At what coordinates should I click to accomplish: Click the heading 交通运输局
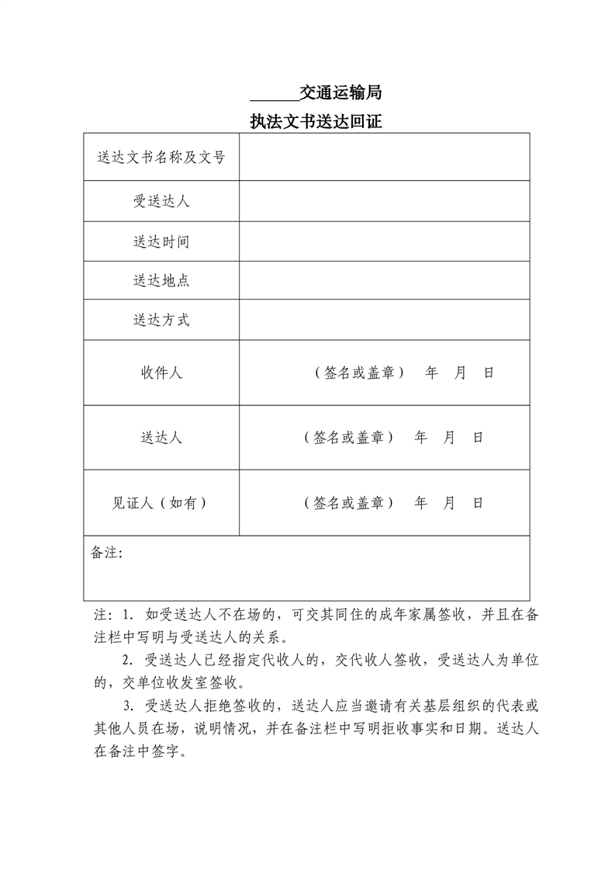click(341, 94)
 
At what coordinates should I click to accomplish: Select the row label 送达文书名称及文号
click(161, 158)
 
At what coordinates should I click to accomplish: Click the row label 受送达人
click(161, 202)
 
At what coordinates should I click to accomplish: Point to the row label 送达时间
click(161, 242)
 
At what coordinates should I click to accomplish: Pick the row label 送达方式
click(161, 320)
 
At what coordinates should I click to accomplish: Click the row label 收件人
click(161, 373)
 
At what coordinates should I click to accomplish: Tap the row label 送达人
click(161, 438)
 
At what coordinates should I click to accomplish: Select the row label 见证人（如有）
click(161, 503)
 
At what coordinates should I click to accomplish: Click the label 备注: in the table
click(107, 553)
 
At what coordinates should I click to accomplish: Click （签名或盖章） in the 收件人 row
click(360, 373)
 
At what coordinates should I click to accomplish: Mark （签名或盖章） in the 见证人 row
click(349, 503)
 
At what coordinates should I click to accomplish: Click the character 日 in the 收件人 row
click(489, 373)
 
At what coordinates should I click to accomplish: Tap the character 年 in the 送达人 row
click(421, 438)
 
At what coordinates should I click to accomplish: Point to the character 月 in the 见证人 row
click(449, 503)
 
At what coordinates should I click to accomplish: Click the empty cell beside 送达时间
click(384, 242)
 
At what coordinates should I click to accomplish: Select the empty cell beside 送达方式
click(384, 320)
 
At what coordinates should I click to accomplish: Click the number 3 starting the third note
click(129, 706)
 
